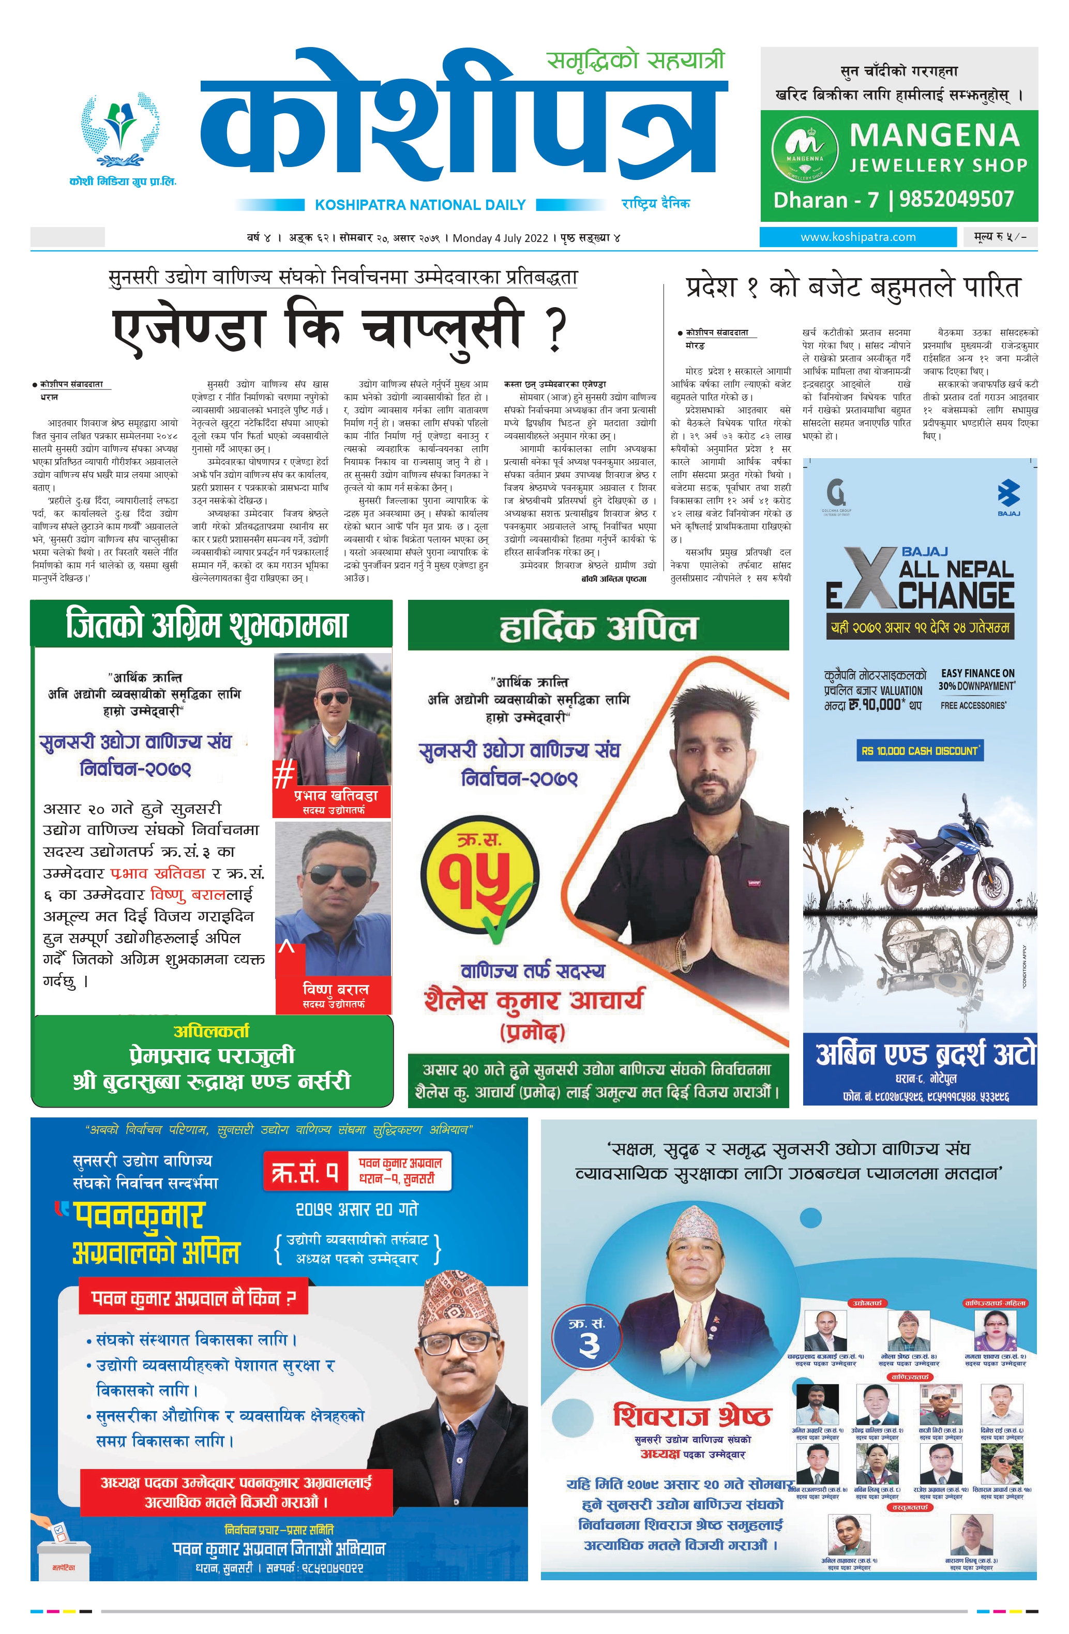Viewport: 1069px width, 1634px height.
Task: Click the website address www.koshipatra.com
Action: click(x=857, y=237)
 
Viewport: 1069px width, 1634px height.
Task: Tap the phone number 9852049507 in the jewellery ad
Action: click(x=956, y=199)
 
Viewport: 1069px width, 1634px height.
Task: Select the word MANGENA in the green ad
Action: click(x=934, y=135)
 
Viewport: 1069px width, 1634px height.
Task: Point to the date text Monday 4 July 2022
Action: click(x=500, y=238)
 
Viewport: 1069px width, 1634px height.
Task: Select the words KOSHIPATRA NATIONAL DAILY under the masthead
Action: click(x=420, y=205)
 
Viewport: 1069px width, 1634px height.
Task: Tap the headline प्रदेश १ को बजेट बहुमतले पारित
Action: click(x=853, y=287)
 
